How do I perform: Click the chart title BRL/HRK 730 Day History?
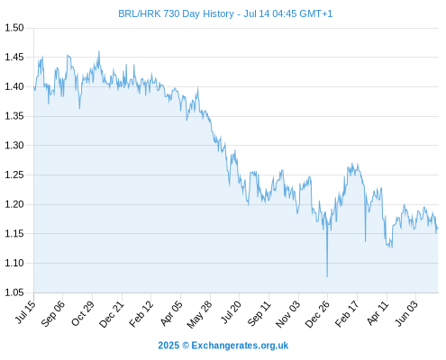(176, 13)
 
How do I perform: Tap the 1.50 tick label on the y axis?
(14, 28)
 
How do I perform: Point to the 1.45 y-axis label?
(14, 57)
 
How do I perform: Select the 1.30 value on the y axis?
(14, 146)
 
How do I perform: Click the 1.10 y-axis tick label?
(14, 263)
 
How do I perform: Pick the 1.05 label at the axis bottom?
(14, 292)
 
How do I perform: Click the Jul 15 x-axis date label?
(25, 312)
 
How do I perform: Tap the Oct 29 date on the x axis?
(83, 313)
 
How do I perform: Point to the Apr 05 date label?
(171, 313)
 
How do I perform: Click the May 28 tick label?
(200, 314)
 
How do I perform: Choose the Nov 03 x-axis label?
(288, 314)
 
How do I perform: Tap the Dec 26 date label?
(317, 314)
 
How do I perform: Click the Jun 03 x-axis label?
(406, 313)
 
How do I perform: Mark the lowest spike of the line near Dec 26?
(327, 276)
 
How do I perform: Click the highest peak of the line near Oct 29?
(99, 51)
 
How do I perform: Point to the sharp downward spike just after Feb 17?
(365, 241)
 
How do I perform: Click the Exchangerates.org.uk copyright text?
(240, 346)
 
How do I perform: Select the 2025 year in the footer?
(168, 346)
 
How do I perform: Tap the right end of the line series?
(438, 228)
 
